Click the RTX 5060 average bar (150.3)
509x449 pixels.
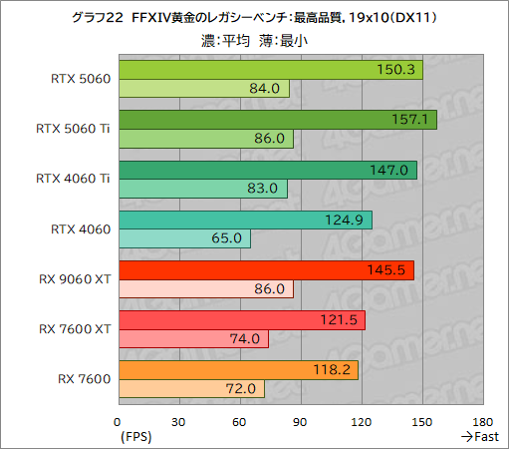tap(270, 70)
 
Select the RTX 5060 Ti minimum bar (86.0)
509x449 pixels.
tap(205, 139)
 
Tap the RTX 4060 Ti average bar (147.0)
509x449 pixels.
tap(267, 170)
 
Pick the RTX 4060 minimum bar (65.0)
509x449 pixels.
tap(183, 238)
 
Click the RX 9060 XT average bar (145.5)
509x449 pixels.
tap(265, 270)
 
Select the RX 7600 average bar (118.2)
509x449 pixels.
tap(237, 370)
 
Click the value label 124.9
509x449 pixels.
tap(350, 220)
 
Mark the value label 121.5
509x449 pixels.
tap(343, 320)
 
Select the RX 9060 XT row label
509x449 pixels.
tap(76, 279)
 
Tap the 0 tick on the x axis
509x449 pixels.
tap(118, 421)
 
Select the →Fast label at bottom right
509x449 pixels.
tap(479, 436)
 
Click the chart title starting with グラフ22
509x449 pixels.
tap(254, 18)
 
